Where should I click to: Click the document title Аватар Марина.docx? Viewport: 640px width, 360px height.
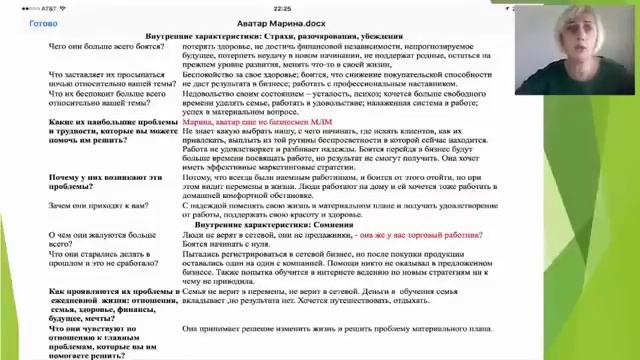(x=319, y=22)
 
